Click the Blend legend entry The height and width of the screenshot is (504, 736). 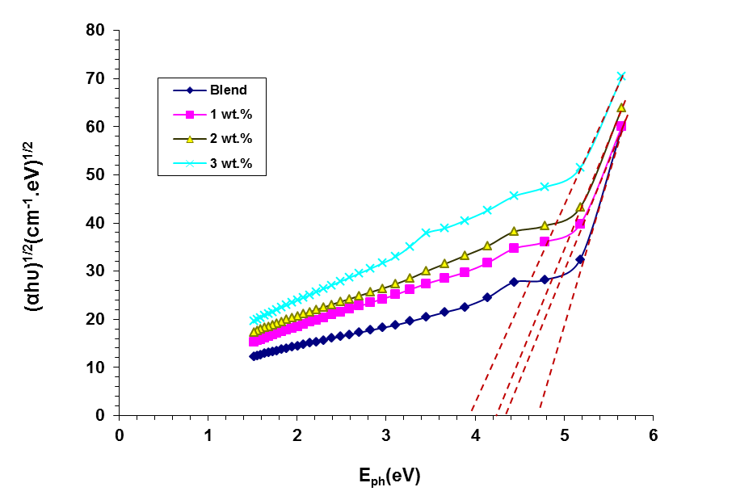point(229,90)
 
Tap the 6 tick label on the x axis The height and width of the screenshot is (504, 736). point(653,436)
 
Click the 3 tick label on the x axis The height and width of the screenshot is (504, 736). point(385,436)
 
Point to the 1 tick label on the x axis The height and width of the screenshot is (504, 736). point(208,436)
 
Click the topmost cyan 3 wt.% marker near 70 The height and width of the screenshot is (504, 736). point(621,77)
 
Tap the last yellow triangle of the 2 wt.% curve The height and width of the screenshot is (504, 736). point(621,107)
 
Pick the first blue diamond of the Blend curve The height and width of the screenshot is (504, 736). point(254,356)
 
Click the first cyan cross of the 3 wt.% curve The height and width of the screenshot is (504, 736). point(254,320)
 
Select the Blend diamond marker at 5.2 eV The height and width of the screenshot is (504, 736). point(580,259)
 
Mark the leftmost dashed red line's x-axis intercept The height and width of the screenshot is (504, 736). point(471,414)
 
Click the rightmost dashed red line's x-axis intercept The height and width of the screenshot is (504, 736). point(539,414)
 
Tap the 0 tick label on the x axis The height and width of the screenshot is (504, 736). point(119,436)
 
